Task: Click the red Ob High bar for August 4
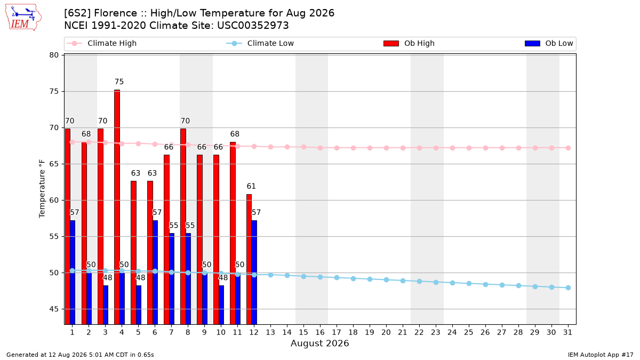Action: (117, 207)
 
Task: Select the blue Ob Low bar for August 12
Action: (254, 273)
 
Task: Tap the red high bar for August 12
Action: (249, 259)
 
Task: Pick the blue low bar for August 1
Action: (73, 273)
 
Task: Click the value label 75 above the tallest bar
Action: (119, 82)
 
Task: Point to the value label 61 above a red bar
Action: (251, 186)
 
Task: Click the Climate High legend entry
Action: (101, 43)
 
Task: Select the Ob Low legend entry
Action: (549, 43)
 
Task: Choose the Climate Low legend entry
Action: (260, 43)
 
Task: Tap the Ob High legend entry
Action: (409, 43)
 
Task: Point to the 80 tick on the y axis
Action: (54, 55)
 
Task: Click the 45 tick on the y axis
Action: (54, 309)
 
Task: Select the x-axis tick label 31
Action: (567, 332)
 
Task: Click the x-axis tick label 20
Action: (386, 332)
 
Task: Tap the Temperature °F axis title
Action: (42, 189)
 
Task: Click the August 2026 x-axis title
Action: (319, 343)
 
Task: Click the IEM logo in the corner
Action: (23, 18)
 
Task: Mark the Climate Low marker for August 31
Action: (569, 287)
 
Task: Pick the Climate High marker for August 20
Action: (386, 148)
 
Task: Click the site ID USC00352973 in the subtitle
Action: (253, 26)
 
